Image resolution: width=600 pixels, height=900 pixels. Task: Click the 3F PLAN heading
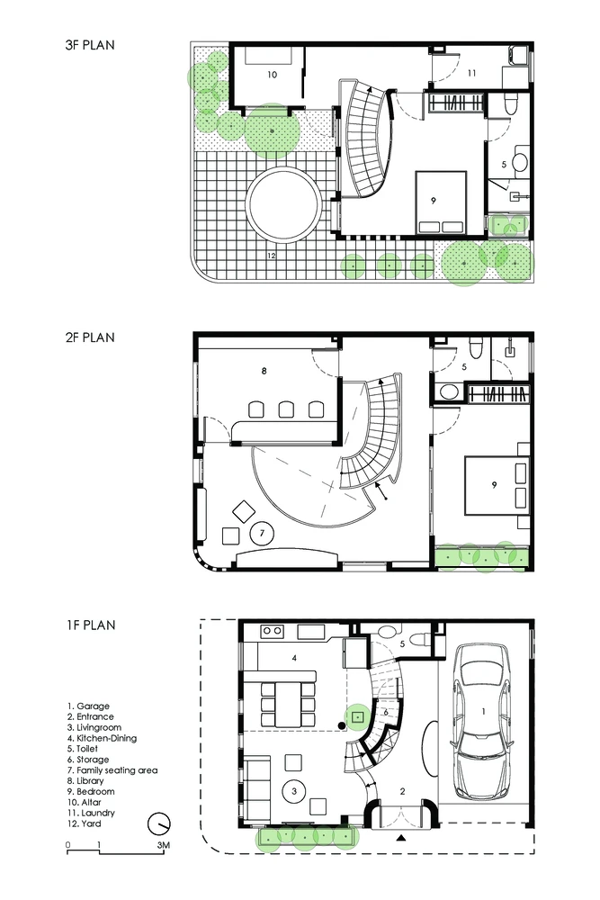click(90, 45)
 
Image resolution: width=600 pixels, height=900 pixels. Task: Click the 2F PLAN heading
click(90, 337)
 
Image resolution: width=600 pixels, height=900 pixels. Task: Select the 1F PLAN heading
click(91, 625)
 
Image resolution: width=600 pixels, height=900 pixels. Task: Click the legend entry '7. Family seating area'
click(112, 770)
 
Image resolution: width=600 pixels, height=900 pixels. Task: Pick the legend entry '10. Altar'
click(84, 803)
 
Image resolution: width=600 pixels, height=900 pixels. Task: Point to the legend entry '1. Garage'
click(88, 706)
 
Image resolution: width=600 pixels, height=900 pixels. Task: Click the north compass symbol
click(159, 824)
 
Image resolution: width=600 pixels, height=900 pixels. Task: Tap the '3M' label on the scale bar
click(163, 845)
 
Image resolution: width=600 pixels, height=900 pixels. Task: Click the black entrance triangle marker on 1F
click(401, 839)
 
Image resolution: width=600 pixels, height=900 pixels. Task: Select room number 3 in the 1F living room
click(294, 791)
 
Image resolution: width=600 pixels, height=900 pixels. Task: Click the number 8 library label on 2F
click(264, 371)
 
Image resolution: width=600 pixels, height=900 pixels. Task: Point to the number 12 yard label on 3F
click(272, 256)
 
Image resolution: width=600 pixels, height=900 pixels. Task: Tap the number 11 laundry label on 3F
click(471, 73)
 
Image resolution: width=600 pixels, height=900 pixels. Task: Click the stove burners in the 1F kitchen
click(272, 632)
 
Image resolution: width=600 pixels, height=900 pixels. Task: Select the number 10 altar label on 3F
click(272, 75)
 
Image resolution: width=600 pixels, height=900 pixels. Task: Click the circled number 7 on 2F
click(262, 533)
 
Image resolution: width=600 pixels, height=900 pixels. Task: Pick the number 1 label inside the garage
click(483, 712)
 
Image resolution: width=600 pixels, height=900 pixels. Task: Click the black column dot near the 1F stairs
click(342, 726)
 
